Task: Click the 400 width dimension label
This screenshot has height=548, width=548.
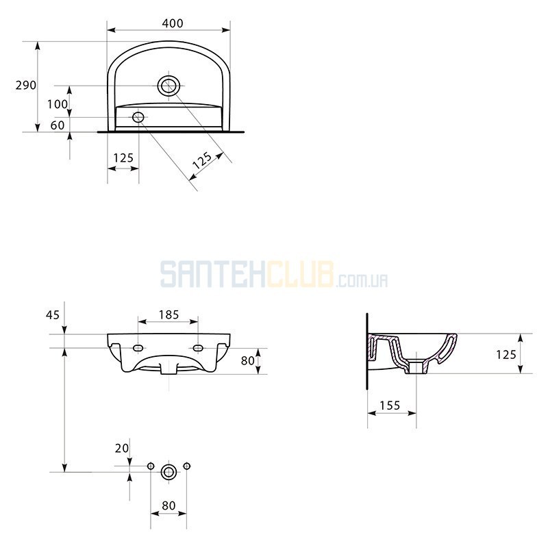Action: pos(173,23)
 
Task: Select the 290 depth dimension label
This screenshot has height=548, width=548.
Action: pos(26,85)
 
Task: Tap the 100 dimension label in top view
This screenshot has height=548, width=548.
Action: pos(58,104)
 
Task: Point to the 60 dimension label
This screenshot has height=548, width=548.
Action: pos(58,125)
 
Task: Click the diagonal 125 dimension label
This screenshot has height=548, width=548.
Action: pos(202,160)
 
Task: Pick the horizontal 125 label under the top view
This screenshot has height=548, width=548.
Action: pos(123,158)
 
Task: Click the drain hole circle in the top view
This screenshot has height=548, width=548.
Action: pos(169,86)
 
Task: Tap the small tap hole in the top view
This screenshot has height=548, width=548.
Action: pos(138,117)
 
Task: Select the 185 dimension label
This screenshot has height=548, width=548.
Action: pos(169,315)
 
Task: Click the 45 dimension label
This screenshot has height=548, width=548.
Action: pos(53,315)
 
